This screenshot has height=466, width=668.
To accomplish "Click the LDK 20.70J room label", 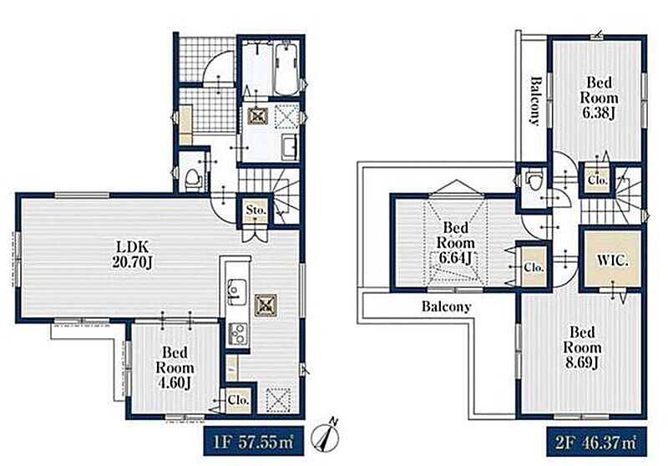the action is [132, 255].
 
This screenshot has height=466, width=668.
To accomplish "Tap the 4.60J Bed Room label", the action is [175, 367].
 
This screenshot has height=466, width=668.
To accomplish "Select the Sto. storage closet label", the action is [256, 210].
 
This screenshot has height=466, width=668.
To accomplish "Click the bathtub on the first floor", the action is [287, 69].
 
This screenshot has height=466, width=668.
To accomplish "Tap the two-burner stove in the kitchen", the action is [238, 332].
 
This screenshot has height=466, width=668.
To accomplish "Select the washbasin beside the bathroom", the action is [290, 147].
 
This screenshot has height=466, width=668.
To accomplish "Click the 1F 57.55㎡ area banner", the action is [254, 441].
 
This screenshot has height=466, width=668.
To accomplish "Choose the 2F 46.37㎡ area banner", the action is [596, 441].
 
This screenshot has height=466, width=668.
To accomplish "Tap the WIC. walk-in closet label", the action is [612, 261].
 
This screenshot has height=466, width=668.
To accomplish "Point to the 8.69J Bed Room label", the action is [582, 347].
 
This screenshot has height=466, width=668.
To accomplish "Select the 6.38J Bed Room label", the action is [599, 99].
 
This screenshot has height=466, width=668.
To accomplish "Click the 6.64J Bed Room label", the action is [455, 243].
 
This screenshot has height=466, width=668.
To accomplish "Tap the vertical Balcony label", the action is [535, 100].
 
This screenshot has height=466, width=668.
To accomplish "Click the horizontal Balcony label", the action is [447, 306].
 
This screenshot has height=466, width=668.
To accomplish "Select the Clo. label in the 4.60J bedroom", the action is [238, 400].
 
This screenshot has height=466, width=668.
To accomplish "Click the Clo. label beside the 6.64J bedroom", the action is [534, 267].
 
